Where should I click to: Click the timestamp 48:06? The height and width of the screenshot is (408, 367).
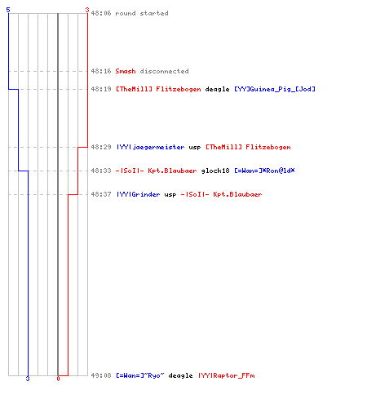(101, 13)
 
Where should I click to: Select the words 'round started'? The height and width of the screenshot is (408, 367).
(142, 13)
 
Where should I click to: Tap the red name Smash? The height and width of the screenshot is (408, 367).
(126, 71)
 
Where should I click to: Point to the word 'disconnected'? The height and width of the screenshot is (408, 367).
(164, 71)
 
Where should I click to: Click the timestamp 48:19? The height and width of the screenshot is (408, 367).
(101, 89)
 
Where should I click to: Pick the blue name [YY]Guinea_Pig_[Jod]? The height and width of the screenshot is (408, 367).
(275, 89)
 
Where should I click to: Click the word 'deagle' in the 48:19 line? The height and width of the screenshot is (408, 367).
(217, 89)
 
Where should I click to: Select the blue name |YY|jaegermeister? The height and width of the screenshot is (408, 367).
(150, 147)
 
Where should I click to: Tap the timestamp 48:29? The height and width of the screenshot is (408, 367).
(101, 147)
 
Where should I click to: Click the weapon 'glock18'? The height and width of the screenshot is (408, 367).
(215, 171)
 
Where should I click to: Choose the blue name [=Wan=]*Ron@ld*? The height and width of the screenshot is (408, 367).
(264, 171)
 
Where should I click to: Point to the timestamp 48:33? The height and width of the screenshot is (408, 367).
(101, 171)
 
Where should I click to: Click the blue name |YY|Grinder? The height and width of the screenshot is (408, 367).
(138, 194)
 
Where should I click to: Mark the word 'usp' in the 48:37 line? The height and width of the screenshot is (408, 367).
(170, 195)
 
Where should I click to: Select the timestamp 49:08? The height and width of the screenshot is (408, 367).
(101, 375)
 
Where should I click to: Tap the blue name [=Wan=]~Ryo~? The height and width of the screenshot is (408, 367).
(140, 375)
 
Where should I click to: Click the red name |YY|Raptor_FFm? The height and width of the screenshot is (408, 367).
(227, 375)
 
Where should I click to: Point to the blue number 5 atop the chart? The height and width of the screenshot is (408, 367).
(8, 10)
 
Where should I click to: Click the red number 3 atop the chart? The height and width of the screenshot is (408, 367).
(87, 10)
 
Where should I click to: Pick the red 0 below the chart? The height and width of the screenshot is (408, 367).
(58, 379)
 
